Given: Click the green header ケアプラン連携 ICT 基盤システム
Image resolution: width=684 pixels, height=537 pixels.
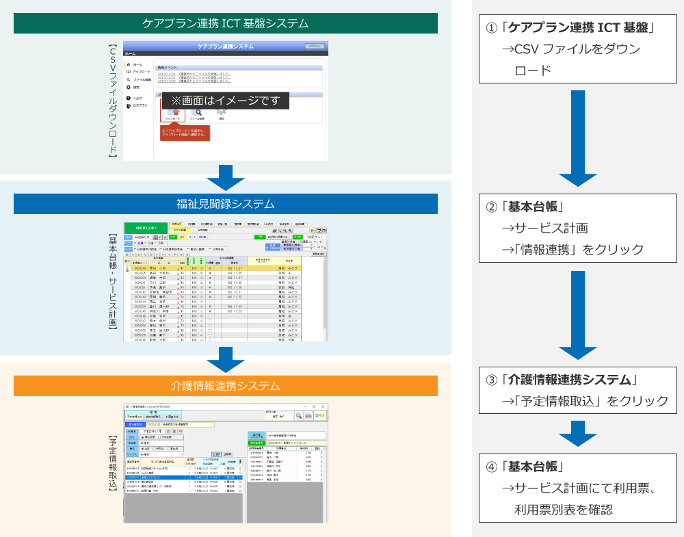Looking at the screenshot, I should pos(226,23).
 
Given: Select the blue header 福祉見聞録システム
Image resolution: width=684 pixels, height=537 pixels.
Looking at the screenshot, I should pos(226,204).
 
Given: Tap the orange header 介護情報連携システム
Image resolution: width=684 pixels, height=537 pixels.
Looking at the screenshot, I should pos(226,385).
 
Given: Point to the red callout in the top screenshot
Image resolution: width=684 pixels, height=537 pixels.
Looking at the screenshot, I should pos(185,132).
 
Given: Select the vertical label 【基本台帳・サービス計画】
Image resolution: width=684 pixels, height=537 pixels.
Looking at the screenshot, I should pos(114,282).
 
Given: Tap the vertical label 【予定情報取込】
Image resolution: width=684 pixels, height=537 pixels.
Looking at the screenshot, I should pos(114,463).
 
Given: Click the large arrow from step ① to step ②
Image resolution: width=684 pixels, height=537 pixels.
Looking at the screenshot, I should pos(578,137).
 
